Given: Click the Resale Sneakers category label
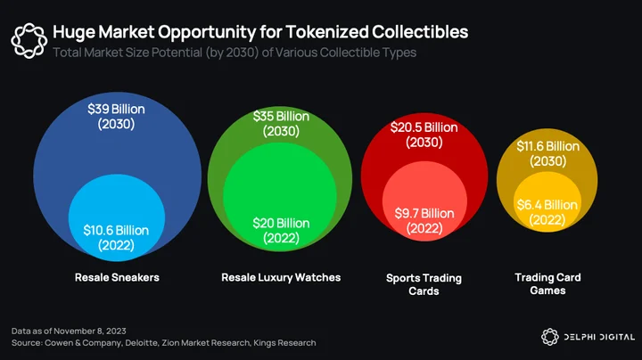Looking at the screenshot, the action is (x=117, y=277).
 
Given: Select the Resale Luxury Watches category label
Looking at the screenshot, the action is (x=281, y=277).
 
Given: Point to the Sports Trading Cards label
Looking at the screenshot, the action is (x=424, y=284).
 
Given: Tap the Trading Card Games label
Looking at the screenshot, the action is (x=547, y=284).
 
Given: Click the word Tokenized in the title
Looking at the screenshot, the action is (x=326, y=32).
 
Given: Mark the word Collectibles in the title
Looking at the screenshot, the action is (x=420, y=32).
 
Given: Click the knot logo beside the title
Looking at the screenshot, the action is (x=29, y=40).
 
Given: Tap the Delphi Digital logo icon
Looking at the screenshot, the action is (x=550, y=337).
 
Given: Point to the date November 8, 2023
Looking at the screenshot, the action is (x=90, y=331).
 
